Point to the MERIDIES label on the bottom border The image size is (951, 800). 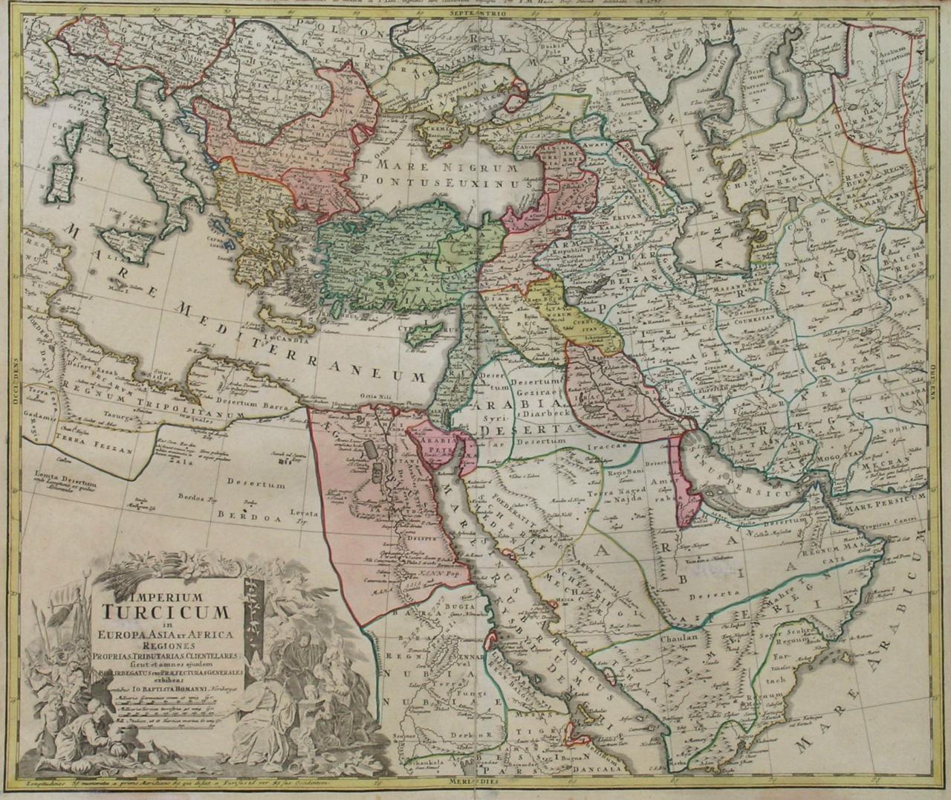pyautogui.click(x=473, y=782)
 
